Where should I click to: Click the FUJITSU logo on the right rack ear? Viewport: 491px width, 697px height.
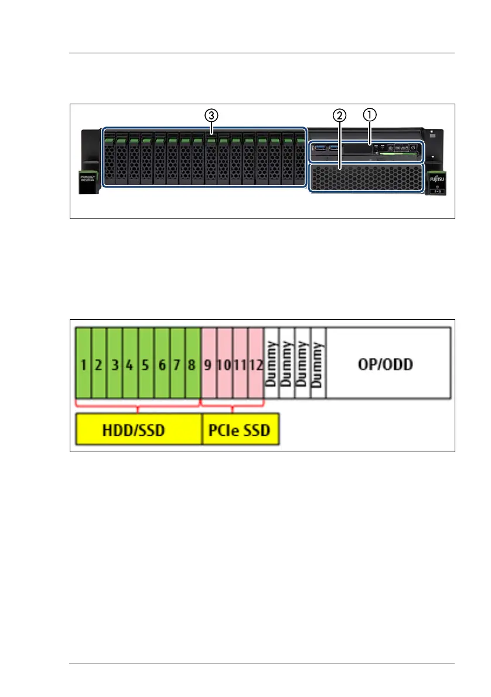point(436,176)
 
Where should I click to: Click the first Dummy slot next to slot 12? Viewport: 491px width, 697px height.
point(271,363)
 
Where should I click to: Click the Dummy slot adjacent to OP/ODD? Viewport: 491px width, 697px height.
point(318,363)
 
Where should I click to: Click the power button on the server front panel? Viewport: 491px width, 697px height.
point(414,148)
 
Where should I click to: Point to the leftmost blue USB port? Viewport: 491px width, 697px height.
point(320,148)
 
